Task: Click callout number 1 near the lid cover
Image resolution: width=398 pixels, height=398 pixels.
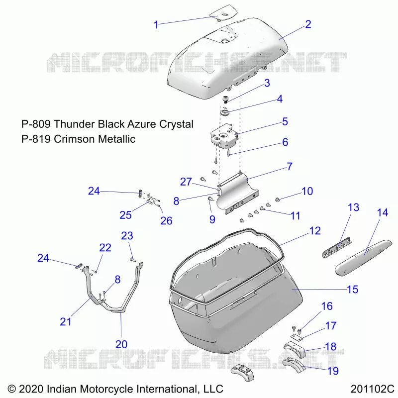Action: click(x=156, y=25)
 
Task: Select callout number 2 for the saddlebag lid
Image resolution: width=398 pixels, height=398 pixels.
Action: click(x=308, y=24)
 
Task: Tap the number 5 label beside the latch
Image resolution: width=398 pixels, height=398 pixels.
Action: click(x=285, y=121)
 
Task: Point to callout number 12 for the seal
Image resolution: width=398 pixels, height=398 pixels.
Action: click(x=315, y=231)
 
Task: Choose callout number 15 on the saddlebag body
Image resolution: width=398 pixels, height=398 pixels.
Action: click(x=352, y=290)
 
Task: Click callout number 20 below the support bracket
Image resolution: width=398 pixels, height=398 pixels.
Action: click(x=121, y=344)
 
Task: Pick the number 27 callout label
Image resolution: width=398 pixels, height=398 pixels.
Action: click(x=186, y=182)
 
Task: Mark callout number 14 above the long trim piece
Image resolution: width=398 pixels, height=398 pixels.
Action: click(x=383, y=213)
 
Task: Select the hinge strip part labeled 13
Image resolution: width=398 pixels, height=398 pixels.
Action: click(x=337, y=247)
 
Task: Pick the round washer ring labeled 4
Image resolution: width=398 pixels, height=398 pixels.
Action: click(x=224, y=112)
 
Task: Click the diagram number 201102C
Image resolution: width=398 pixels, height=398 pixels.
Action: click(x=372, y=389)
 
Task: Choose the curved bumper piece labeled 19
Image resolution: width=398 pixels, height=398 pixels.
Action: click(x=294, y=364)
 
